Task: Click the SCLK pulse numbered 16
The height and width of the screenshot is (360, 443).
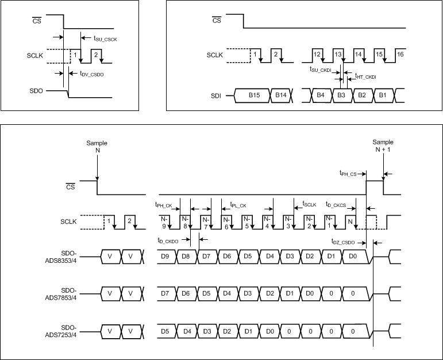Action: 400,53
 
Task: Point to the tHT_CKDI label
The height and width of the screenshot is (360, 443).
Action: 365,76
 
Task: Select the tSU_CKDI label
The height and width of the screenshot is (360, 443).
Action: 321,69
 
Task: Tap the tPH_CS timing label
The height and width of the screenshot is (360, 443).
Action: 349,173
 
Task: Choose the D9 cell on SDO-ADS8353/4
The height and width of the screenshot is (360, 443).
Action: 165,255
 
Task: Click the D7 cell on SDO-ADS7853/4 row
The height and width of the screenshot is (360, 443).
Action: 165,293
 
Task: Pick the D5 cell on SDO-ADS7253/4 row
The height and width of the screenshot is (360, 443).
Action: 165,332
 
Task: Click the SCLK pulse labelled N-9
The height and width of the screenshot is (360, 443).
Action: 164,222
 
